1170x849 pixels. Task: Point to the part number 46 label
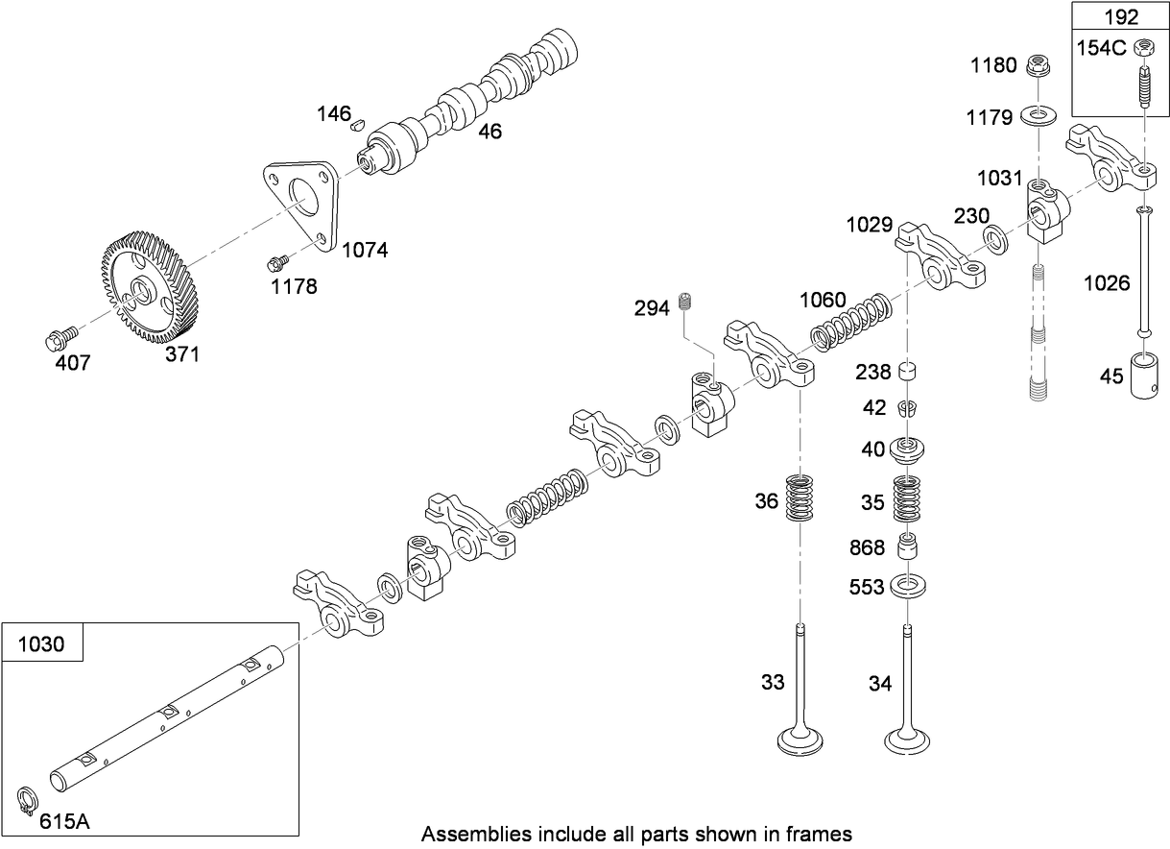[x=489, y=132]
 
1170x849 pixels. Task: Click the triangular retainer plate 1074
[x=300, y=204]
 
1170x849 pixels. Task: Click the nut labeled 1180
[x=1037, y=65]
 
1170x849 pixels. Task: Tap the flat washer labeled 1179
[x=1038, y=116]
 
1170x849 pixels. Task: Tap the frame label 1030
[x=42, y=643]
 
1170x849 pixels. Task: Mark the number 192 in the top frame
[x=1120, y=16]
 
